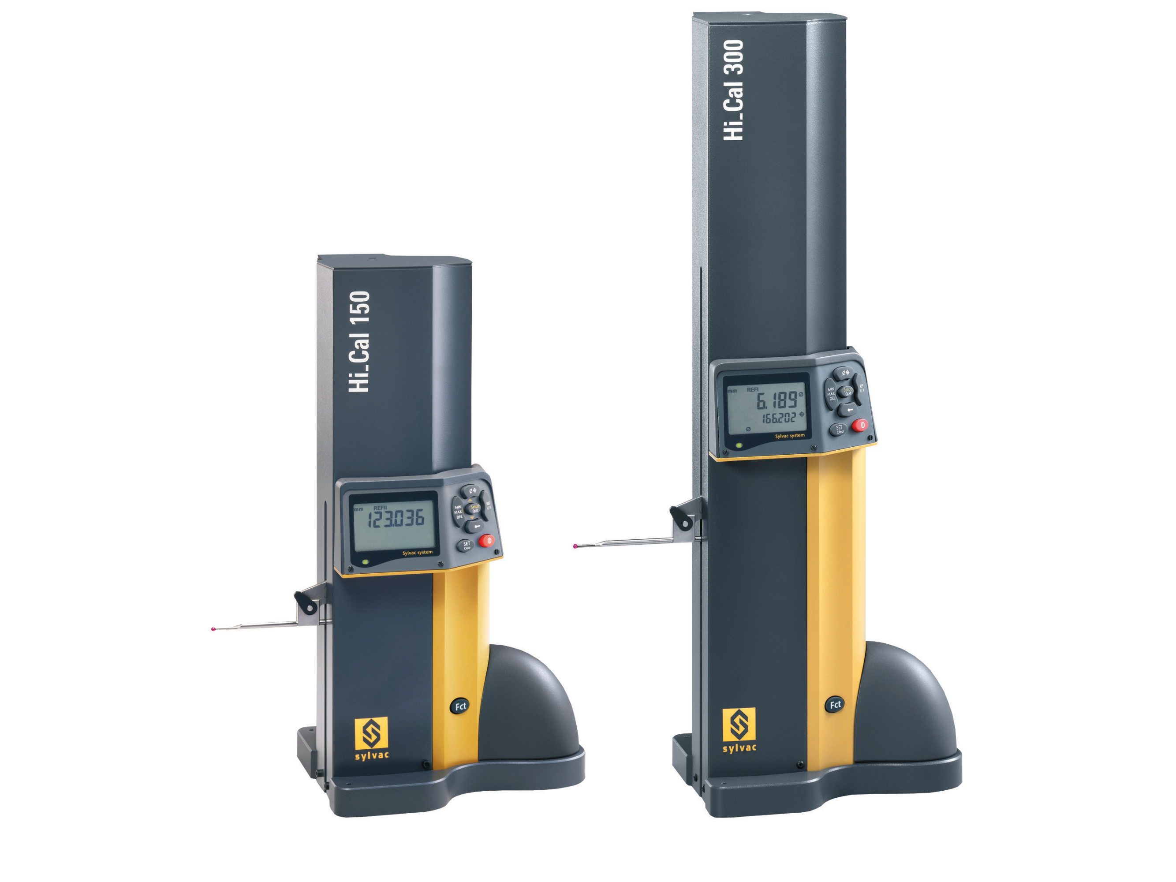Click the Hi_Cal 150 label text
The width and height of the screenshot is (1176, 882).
(359, 342)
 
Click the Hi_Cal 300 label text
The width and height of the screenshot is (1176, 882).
(734, 90)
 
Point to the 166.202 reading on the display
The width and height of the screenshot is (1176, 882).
(780, 419)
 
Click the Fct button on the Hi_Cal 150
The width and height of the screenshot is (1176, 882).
(460, 706)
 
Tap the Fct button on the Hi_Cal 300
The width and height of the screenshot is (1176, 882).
(835, 704)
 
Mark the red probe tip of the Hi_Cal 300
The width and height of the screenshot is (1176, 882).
(575, 546)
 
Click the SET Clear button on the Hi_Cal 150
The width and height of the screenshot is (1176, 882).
(466, 546)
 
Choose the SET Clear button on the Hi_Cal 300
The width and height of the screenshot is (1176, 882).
(839, 429)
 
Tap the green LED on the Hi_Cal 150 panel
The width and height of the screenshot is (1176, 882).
(365, 561)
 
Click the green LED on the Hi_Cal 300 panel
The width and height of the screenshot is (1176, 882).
(738, 445)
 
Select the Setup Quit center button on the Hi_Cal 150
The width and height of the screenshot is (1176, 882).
(474, 508)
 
